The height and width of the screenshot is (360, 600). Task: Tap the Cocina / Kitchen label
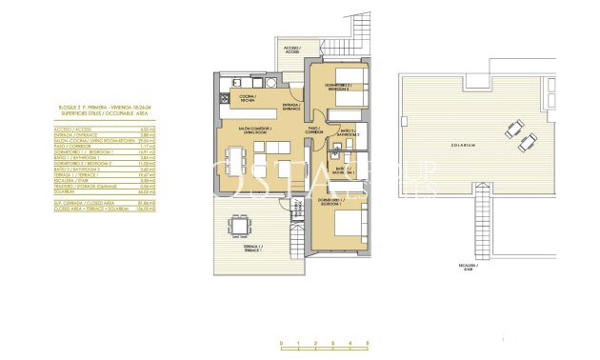(247, 98)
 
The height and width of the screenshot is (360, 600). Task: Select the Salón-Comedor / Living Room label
(257, 131)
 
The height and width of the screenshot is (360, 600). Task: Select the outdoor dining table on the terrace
(237, 229)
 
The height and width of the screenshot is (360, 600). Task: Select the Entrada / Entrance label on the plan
(293, 107)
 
